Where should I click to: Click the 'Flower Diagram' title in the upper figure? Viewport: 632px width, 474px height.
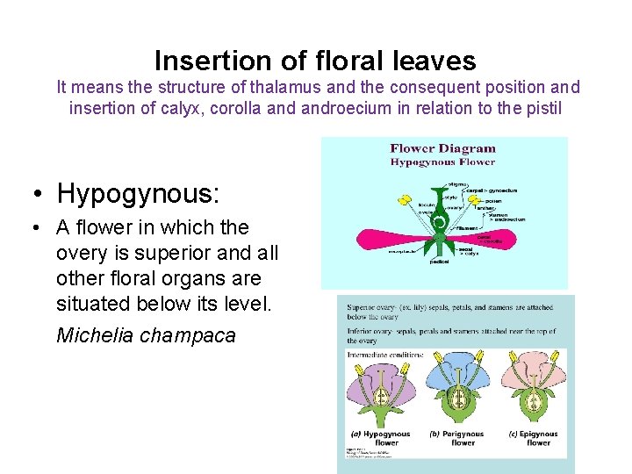(442, 148)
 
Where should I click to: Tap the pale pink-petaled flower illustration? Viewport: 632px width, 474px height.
(533, 391)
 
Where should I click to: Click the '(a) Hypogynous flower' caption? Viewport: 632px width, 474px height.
(381, 438)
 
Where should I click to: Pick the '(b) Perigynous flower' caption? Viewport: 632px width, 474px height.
(456, 438)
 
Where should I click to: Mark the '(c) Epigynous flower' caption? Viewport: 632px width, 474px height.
(533, 438)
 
